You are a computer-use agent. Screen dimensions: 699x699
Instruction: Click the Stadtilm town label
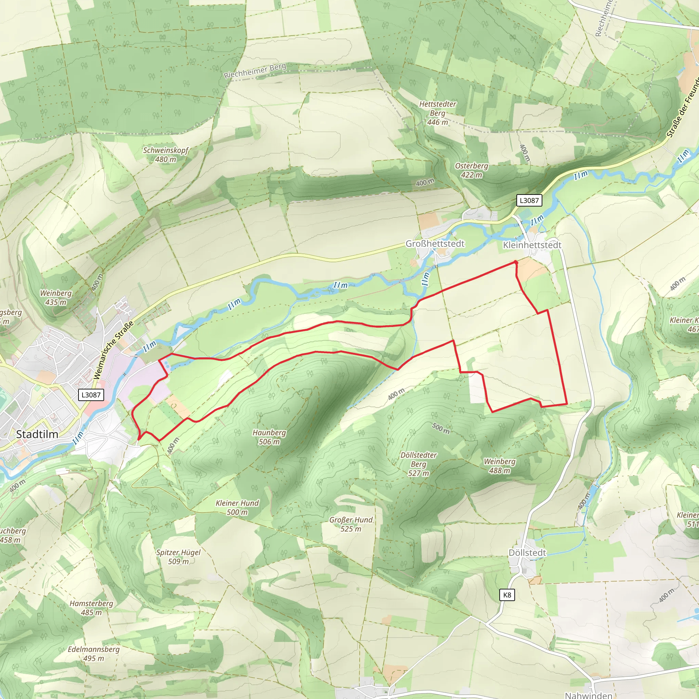tap(37, 434)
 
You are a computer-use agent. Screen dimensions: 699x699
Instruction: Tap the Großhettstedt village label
tap(434, 243)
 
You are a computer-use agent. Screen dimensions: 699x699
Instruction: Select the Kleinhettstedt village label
tap(532, 245)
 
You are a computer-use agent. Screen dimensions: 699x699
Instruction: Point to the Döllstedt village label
tap(527, 553)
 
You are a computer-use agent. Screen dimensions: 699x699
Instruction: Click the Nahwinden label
tap(588, 695)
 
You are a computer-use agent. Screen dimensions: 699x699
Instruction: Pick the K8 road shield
tap(507, 595)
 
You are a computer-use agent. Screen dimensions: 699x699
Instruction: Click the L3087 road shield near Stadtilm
tap(91, 395)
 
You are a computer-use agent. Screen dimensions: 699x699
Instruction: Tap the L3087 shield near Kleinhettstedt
tap(529, 200)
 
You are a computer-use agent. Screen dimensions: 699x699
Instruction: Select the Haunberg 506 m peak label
tap(269, 437)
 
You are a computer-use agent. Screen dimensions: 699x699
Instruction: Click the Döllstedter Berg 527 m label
tap(418, 464)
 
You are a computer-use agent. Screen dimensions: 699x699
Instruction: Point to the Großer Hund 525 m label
tap(351, 524)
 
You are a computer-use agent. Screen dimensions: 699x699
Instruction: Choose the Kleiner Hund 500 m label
tap(237, 508)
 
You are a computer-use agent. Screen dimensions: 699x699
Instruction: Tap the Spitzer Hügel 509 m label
tap(179, 557)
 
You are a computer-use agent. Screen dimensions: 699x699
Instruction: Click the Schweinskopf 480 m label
tap(166, 155)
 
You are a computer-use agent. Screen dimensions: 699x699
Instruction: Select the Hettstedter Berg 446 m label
tap(438, 113)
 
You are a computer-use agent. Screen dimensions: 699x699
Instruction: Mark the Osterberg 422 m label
tap(471, 170)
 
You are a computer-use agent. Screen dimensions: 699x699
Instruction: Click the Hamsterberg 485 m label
tap(91, 608)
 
